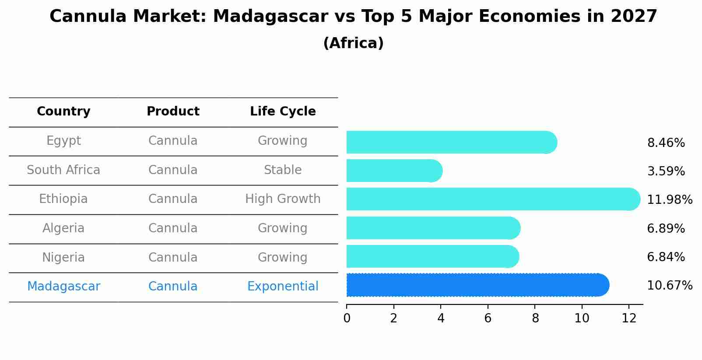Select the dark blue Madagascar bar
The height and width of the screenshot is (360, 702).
pos(477,285)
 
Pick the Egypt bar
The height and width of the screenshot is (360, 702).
pos(451,142)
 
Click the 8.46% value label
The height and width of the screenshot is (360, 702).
pos(666,143)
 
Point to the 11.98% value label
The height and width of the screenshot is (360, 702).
pos(669,200)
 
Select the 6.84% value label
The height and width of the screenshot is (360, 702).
pos(666,257)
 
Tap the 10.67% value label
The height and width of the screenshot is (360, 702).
pos(669,286)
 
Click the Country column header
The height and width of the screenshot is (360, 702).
pos(63,112)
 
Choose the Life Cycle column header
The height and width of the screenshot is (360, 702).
pos(283,112)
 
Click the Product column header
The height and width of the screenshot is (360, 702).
pos(173,112)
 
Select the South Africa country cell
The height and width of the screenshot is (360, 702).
pos(63,170)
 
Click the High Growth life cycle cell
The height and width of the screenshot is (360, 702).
pos(283,199)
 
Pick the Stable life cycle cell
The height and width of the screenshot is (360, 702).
pos(283,170)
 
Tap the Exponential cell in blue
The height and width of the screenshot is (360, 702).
pos(283,287)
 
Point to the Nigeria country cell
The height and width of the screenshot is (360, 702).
pos(63,257)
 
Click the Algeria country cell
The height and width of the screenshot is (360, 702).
pos(63,228)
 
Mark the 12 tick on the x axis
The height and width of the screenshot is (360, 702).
pos(629,318)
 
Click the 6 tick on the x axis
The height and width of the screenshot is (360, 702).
pos(488,318)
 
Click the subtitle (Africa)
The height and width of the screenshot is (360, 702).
pos(353,43)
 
